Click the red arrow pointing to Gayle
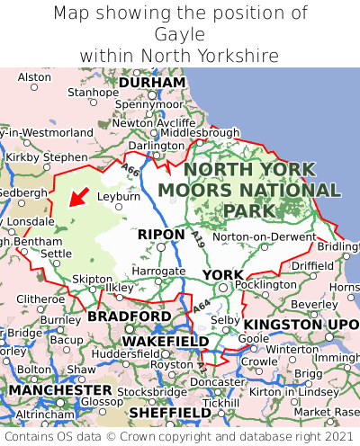tap(78, 197)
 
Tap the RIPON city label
tap(162, 235)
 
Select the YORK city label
tap(222, 274)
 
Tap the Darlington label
tap(156, 146)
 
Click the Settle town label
tap(57, 254)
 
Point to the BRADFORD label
tap(129, 317)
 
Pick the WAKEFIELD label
tap(165, 342)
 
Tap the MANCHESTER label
tap(59, 391)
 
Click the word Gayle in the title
tap(180, 34)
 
